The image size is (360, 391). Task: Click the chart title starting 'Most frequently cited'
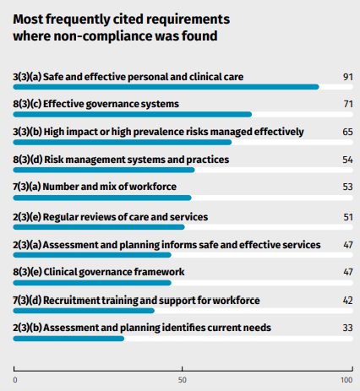tap(122, 28)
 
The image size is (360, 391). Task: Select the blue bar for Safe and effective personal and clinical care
tap(166, 87)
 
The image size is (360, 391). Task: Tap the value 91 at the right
tap(348, 77)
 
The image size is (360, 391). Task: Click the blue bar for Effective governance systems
tap(133, 114)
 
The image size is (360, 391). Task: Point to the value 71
tap(348, 104)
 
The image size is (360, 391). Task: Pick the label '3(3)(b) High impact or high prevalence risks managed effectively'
tap(158, 132)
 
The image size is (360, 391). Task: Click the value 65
tap(348, 132)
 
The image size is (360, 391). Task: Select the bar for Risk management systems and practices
tap(104, 170)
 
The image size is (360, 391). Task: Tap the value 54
tap(348, 160)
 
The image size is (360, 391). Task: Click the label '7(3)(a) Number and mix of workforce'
tap(95, 187)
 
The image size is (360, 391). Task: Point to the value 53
tap(348, 187)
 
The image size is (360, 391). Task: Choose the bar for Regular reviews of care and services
tap(99, 227)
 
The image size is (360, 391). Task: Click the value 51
tap(348, 217)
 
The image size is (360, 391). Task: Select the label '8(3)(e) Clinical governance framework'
tap(99, 272)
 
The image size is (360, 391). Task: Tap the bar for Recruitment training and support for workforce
tap(84, 311)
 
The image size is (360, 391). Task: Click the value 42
tap(348, 301)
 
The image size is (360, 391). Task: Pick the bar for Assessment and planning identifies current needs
tap(68, 339)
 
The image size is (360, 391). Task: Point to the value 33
tap(348, 328)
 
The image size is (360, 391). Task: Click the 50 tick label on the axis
tap(183, 380)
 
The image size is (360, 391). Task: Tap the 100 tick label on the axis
tap(346, 380)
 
